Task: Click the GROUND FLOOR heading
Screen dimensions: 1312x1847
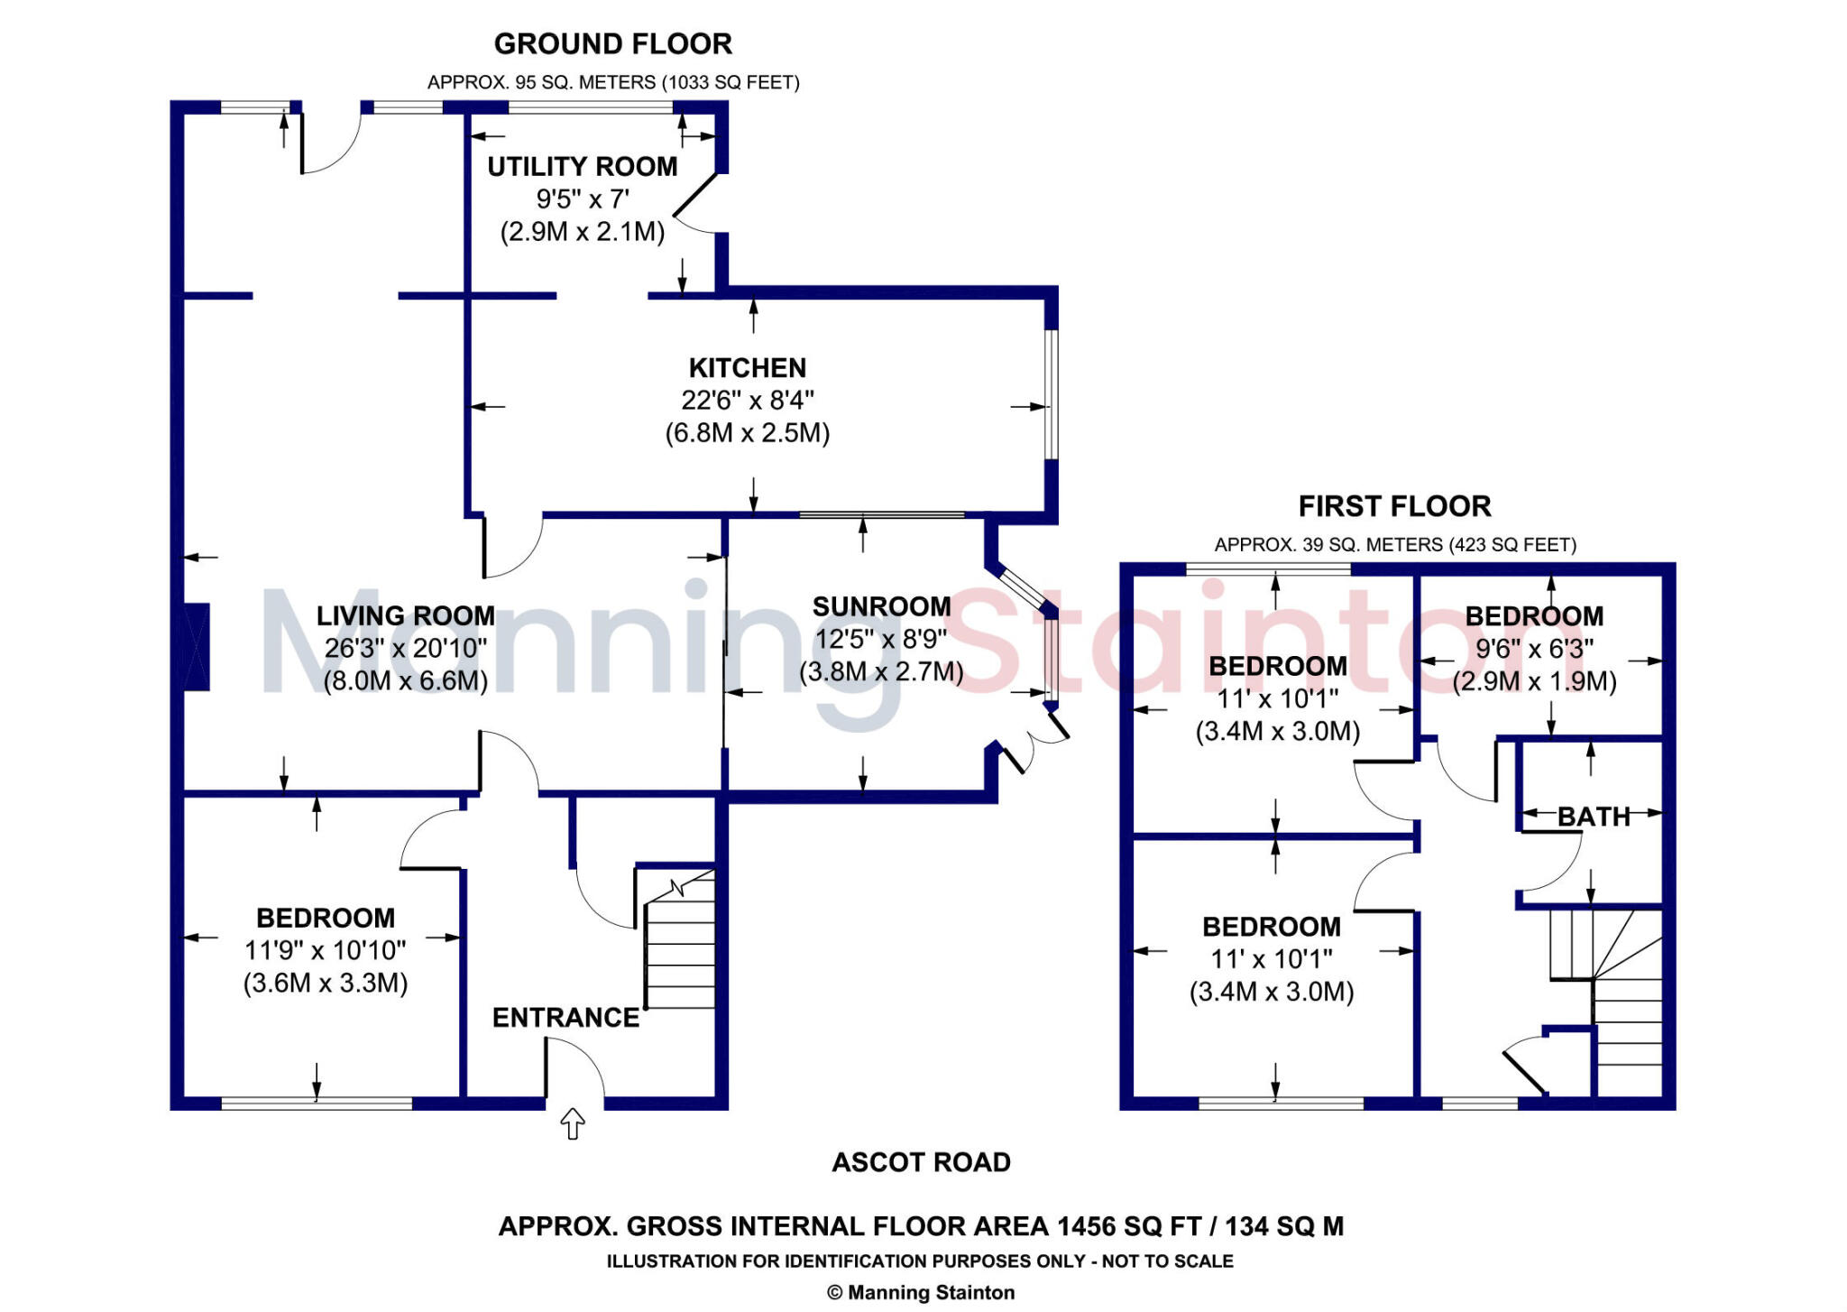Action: pyautogui.click(x=612, y=43)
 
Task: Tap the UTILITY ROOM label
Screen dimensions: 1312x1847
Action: pyautogui.click(x=582, y=167)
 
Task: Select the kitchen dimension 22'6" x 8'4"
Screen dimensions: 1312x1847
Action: pyautogui.click(x=747, y=400)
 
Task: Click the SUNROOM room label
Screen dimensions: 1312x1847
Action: pyautogui.click(x=881, y=606)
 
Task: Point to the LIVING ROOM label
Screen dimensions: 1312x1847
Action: pyautogui.click(x=405, y=615)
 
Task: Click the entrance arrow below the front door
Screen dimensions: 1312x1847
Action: pyautogui.click(x=573, y=1124)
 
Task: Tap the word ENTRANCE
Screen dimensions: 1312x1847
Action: pyautogui.click(x=565, y=1018)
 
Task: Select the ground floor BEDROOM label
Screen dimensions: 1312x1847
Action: pyautogui.click(x=326, y=918)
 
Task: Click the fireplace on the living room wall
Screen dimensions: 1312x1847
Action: pyautogui.click(x=197, y=647)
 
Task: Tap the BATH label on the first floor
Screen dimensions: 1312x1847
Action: pyautogui.click(x=1594, y=817)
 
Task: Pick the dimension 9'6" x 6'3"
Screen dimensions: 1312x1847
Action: pyautogui.click(x=1534, y=649)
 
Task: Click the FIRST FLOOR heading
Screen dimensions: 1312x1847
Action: pyautogui.click(x=1394, y=506)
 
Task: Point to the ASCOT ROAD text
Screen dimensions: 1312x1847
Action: pyautogui.click(x=921, y=1162)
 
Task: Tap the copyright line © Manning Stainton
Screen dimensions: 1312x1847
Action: pyautogui.click(x=921, y=1292)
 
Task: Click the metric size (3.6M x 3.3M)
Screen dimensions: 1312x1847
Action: pyautogui.click(x=326, y=983)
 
